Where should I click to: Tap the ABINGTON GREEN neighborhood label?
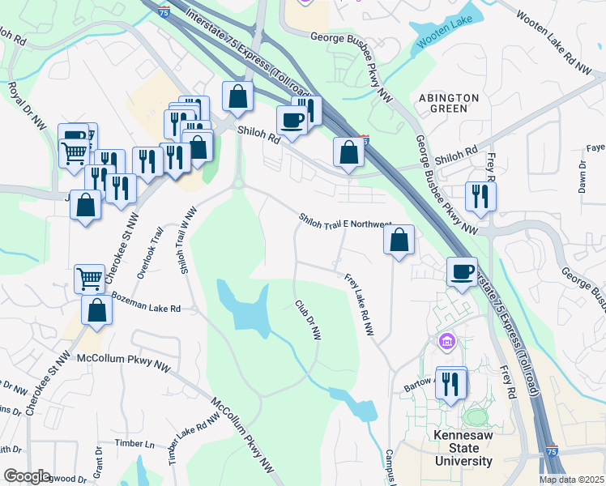pos(449,103)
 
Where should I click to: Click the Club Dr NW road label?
pos(308,320)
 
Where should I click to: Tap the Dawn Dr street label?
pos(583,176)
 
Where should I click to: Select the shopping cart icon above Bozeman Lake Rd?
pos(90,278)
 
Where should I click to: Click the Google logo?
pos(26,476)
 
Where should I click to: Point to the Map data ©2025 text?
pos(571,480)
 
